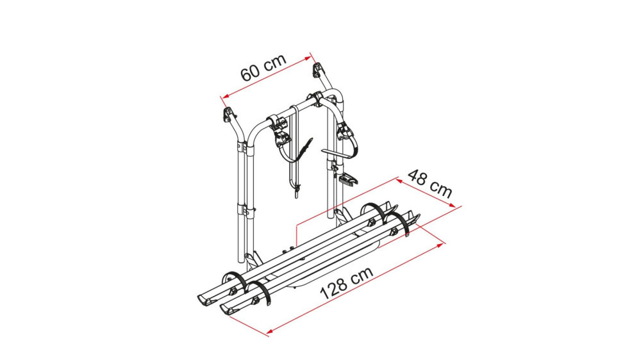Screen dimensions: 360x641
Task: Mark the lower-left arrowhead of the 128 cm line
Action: pos(268,332)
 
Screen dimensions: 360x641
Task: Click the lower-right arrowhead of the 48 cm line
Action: pos(458,206)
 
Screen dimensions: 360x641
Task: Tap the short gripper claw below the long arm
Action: pos(349,177)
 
